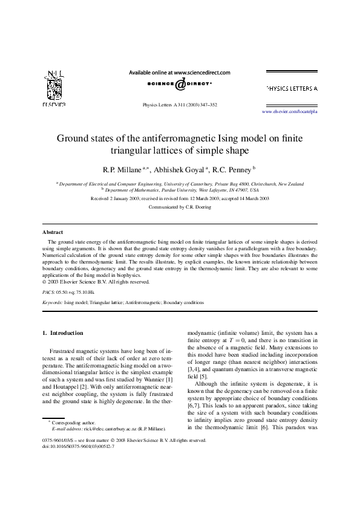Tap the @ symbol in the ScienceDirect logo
coord(180,85)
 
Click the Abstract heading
coord(53,232)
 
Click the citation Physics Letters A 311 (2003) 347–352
coord(179,104)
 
